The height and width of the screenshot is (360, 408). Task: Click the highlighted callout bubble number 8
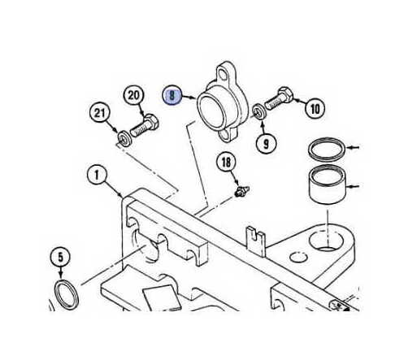tap(172, 95)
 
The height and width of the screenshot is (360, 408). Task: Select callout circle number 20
tap(134, 95)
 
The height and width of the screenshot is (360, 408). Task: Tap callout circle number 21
tap(100, 112)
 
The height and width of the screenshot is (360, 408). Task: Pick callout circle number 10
tap(315, 109)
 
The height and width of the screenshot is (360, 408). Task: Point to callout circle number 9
tap(267, 143)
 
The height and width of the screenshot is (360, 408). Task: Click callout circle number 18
tap(226, 163)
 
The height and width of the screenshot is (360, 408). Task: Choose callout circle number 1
tap(98, 175)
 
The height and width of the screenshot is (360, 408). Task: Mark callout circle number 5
tap(60, 257)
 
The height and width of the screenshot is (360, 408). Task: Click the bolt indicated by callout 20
tap(145, 126)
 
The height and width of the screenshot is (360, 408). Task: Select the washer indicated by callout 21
tap(124, 139)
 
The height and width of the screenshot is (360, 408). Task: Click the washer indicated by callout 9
tap(260, 111)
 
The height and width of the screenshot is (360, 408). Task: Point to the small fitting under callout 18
tap(241, 191)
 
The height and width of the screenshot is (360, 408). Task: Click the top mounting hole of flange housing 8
tap(224, 75)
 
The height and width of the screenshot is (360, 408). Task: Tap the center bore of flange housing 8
tap(212, 111)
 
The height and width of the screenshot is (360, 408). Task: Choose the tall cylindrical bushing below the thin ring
tap(327, 184)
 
